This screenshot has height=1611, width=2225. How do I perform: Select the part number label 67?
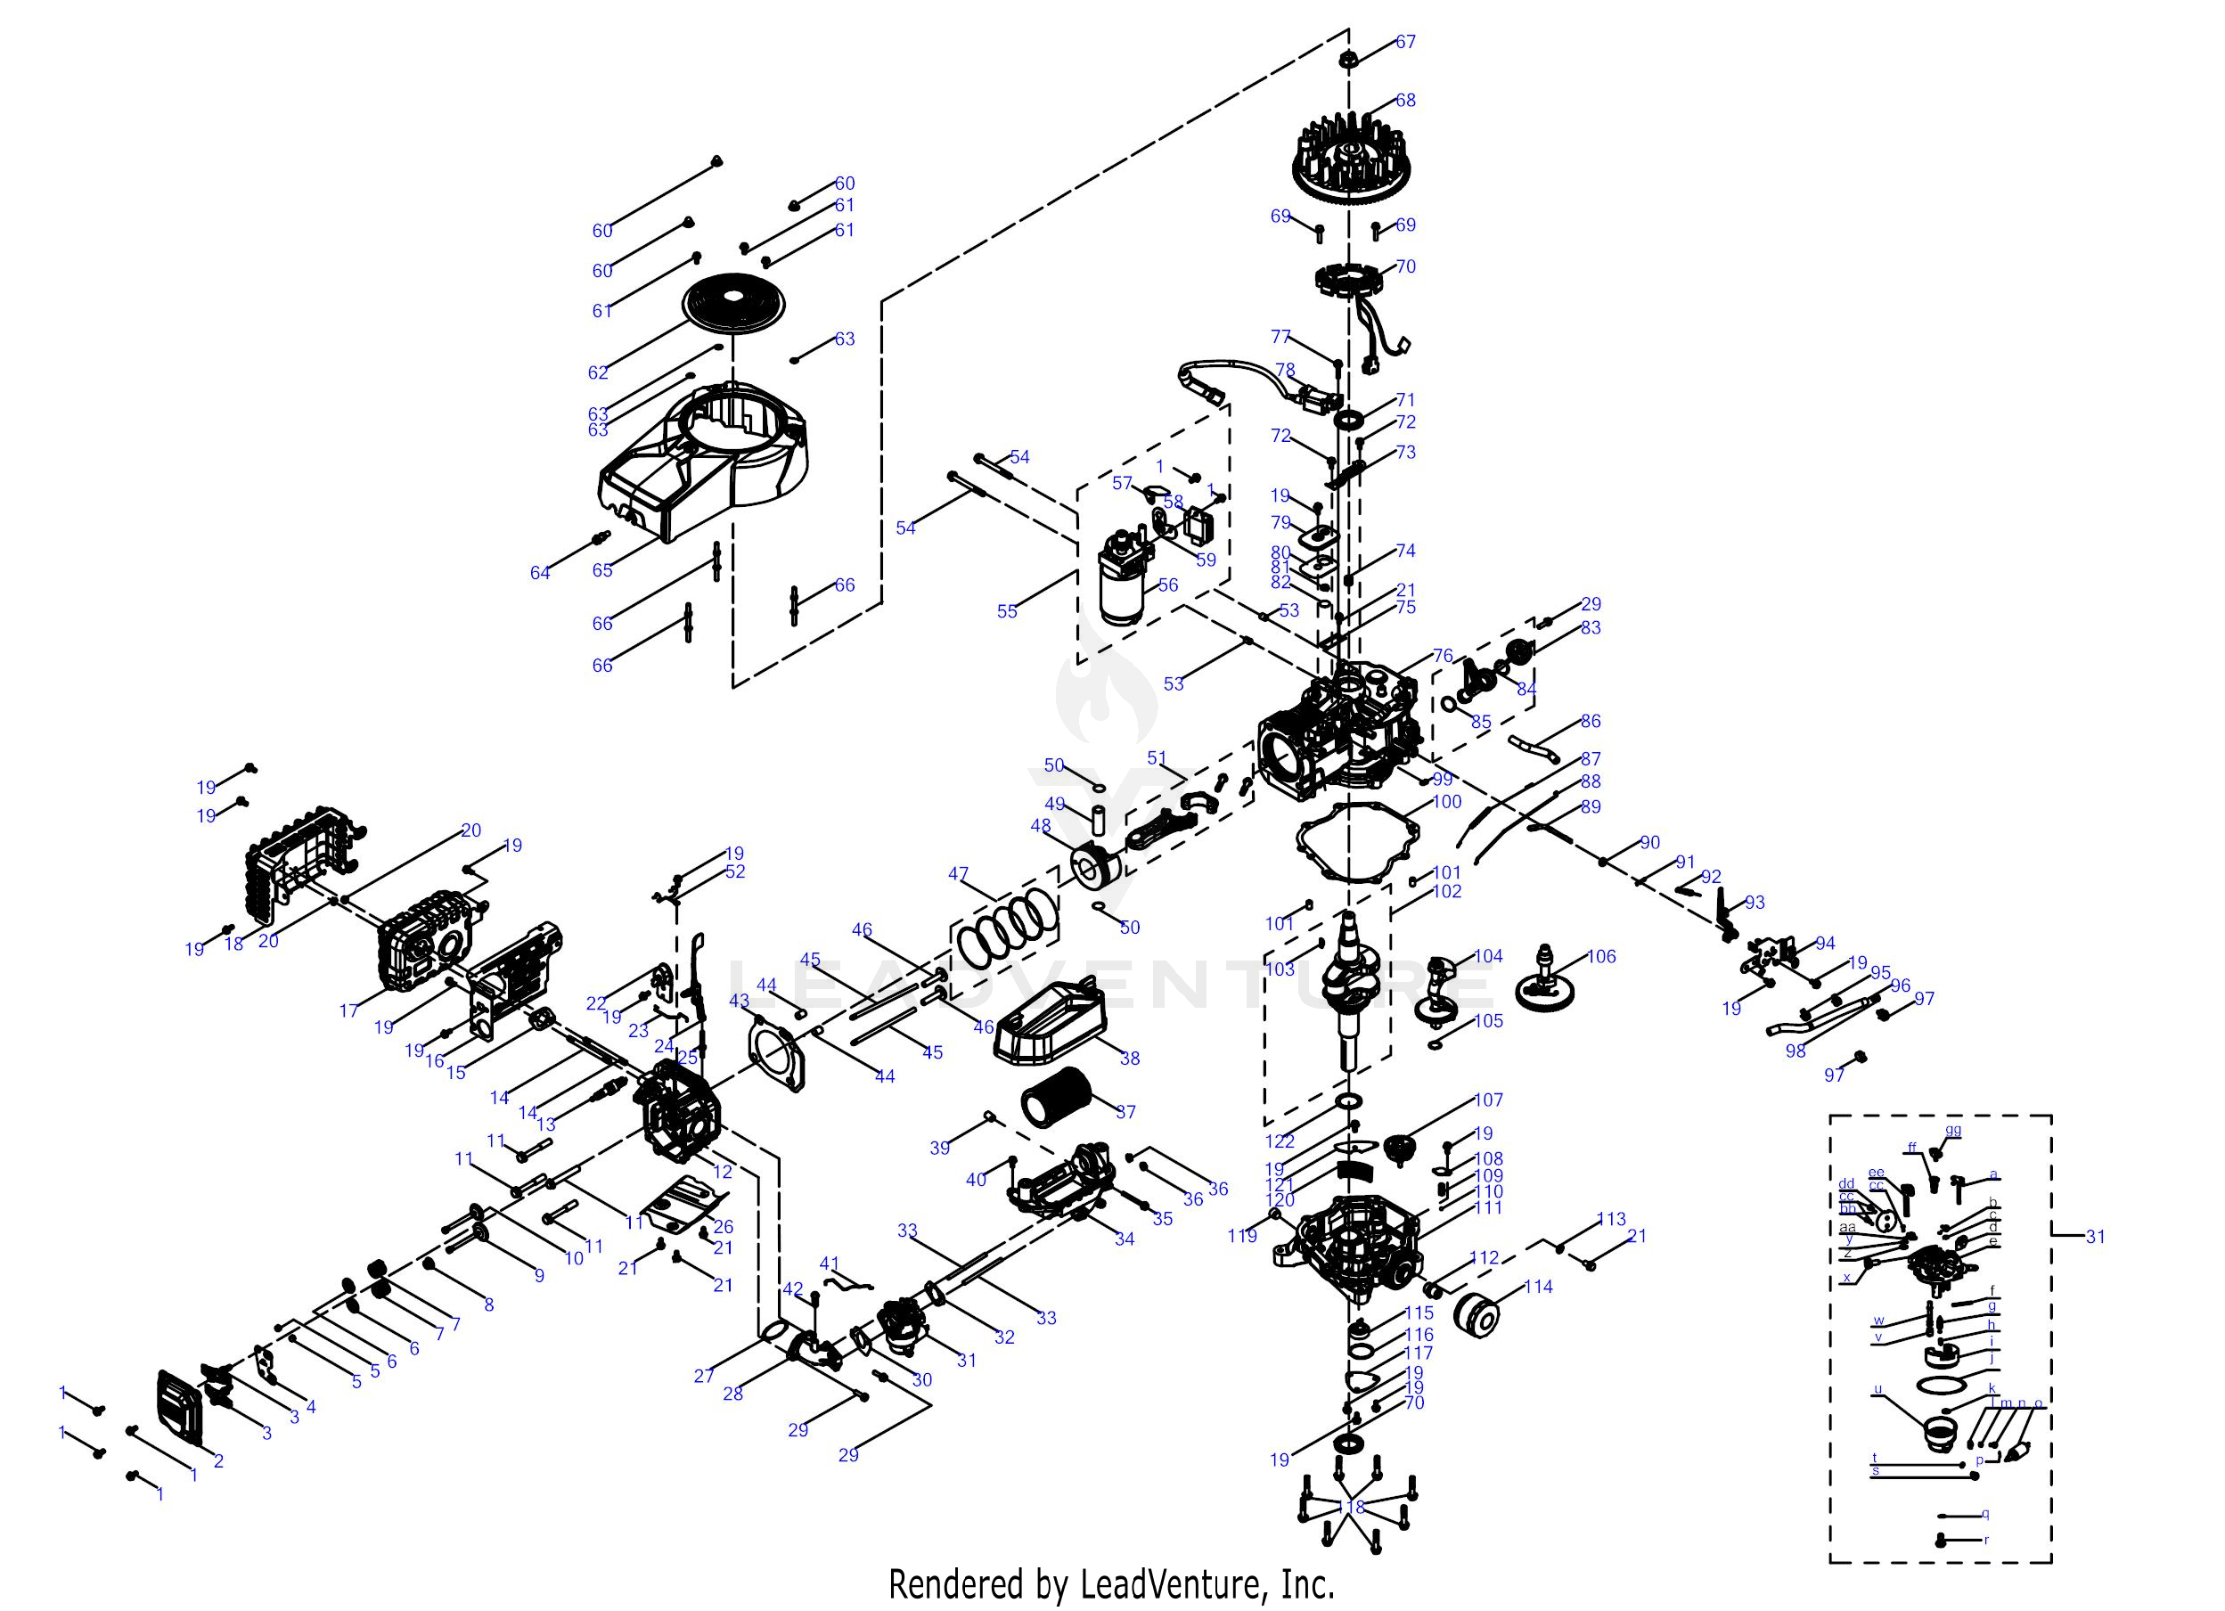click(1405, 41)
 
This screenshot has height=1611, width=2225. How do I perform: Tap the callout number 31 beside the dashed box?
click(2095, 1236)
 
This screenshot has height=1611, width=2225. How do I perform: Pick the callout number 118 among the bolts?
click(1351, 1507)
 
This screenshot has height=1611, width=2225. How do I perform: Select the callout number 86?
click(1591, 720)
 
